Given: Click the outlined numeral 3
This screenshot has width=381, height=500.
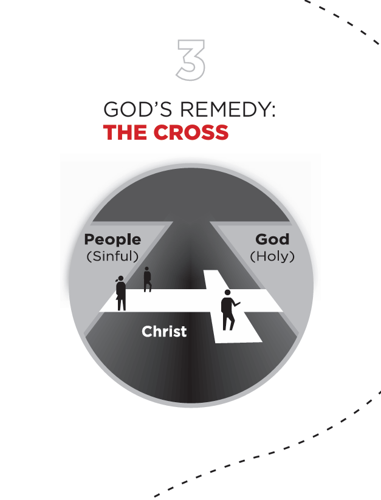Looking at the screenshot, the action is click(x=190, y=60).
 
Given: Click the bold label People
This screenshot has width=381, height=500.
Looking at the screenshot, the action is click(x=112, y=239).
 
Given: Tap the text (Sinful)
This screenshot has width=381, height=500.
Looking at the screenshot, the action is click(x=113, y=256).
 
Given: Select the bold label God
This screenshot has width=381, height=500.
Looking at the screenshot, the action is click(x=272, y=239).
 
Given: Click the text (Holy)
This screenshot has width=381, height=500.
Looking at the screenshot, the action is click(x=272, y=256).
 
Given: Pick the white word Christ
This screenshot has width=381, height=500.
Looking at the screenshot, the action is click(x=164, y=331).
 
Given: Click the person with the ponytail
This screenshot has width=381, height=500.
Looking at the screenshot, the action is click(x=121, y=293).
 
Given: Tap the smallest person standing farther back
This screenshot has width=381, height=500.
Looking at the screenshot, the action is click(x=147, y=279).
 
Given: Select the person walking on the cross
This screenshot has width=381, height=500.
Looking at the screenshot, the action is click(x=228, y=310).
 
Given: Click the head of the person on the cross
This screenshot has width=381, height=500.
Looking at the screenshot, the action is click(x=227, y=293).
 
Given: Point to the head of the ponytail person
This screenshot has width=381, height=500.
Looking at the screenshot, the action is click(x=120, y=279).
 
